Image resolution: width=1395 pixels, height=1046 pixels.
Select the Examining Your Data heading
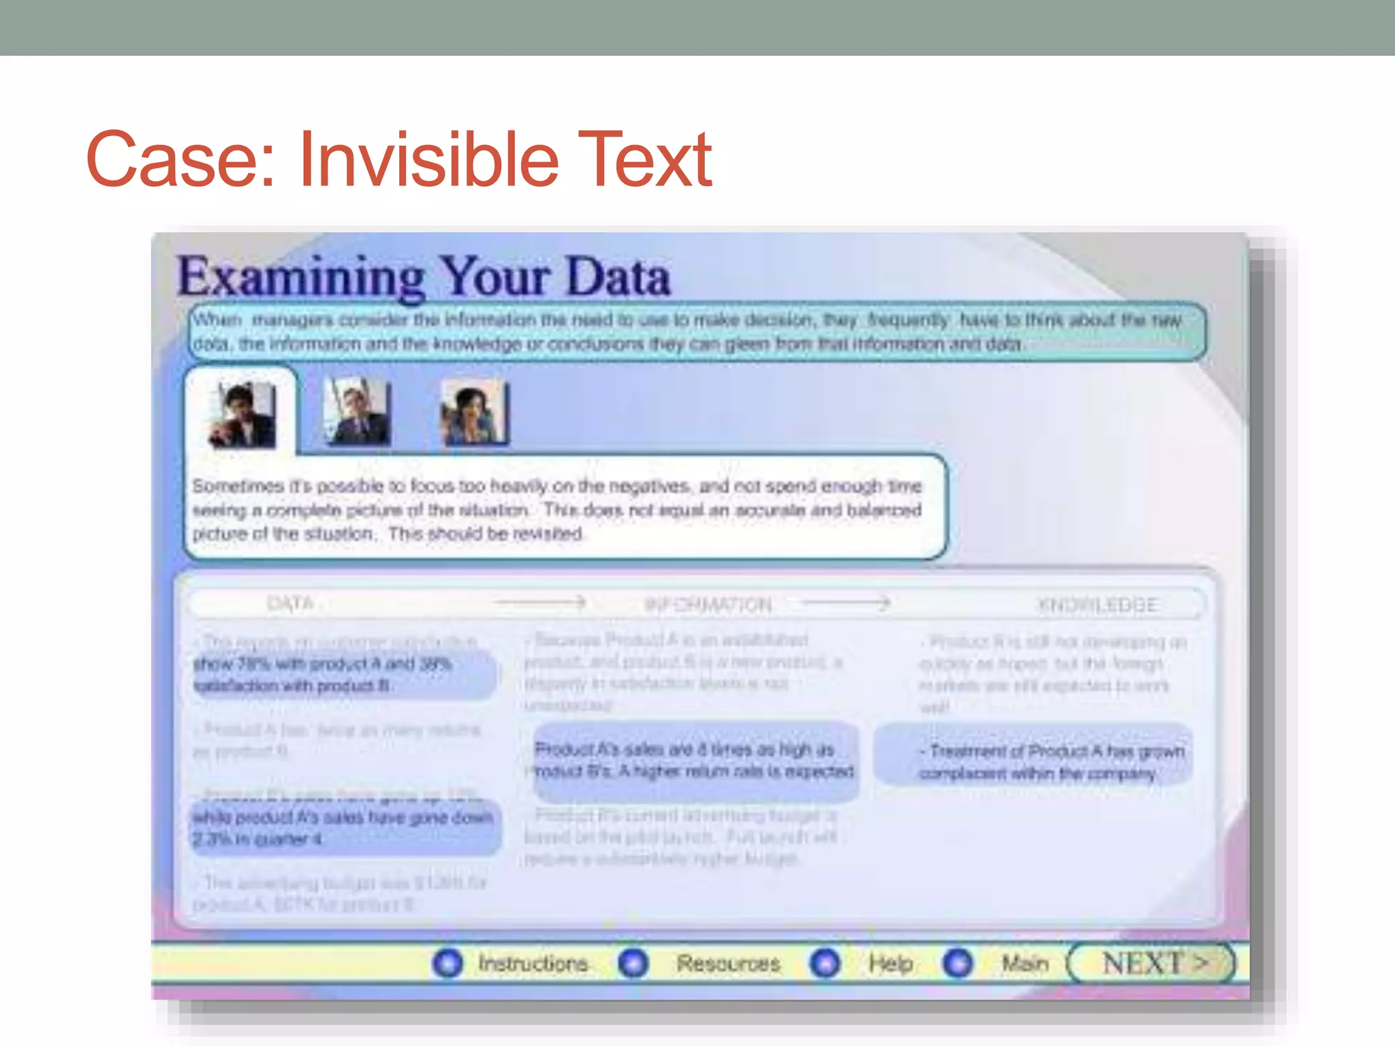click(424, 277)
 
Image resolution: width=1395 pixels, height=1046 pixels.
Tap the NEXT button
click(1153, 963)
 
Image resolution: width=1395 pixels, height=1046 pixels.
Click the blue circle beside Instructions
click(448, 963)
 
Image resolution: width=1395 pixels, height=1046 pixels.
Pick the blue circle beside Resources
click(633, 963)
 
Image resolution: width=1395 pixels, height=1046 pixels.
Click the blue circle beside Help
click(826, 963)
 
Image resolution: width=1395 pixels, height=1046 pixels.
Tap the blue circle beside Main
click(958, 963)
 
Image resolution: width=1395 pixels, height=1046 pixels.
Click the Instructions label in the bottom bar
click(533, 964)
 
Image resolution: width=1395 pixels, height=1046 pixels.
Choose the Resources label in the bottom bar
click(728, 964)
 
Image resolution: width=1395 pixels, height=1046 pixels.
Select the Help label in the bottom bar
click(890, 964)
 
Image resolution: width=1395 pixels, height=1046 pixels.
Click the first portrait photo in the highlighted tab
click(242, 414)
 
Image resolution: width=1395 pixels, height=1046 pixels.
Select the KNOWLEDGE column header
click(1097, 605)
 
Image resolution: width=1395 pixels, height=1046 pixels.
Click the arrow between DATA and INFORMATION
click(541, 603)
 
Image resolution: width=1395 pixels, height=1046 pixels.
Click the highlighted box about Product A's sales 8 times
click(695, 761)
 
